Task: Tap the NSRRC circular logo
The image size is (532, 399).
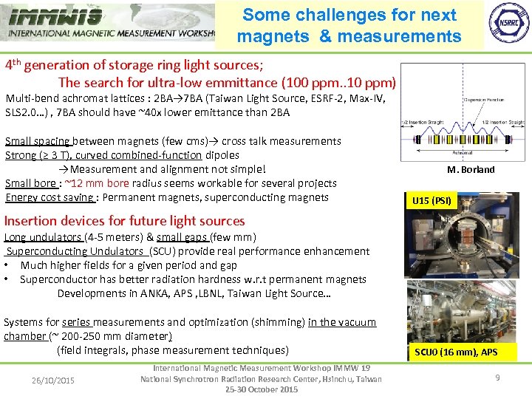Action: pos(507,24)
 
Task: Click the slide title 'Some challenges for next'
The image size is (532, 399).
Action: pos(349,15)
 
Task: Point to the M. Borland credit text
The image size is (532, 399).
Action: pos(471,169)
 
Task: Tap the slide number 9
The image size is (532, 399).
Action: pos(497,378)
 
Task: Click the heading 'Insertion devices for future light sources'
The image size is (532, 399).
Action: pos(124,220)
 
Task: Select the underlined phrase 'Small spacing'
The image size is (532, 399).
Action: pos(38,141)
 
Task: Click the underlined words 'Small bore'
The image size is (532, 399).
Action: pos(30,183)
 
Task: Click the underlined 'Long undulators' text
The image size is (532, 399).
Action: pos(44,237)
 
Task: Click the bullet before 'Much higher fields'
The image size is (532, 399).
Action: pos(7,265)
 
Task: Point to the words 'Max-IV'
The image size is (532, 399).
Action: pos(366,98)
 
